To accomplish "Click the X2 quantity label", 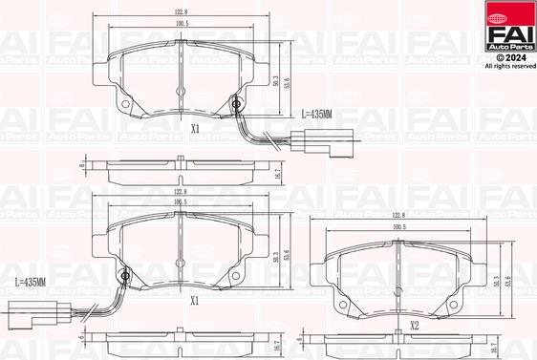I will [x=414, y=326].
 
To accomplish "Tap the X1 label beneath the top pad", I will [x=194, y=127].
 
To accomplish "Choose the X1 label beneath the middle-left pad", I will [x=194, y=300].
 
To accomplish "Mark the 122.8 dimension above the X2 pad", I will [x=398, y=217].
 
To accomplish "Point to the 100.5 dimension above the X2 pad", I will [x=398, y=228].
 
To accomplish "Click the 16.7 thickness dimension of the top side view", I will [x=277, y=175].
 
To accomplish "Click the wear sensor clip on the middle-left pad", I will [x=124, y=279].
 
